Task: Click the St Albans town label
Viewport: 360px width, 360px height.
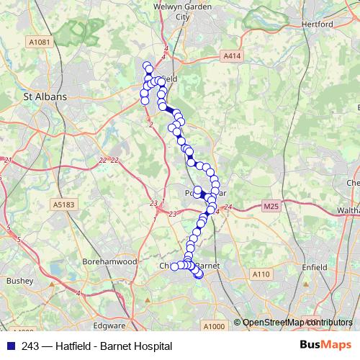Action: click(45, 96)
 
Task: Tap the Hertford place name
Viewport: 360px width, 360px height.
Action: click(317, 24)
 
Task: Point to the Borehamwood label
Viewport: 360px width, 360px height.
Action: click(109, 262)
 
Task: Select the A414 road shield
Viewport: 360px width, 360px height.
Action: click(231, 55)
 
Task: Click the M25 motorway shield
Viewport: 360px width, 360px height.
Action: click(270, 207)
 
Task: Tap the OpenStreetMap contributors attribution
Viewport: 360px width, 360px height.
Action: click(297, 323)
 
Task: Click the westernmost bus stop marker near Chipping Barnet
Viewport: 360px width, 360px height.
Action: click(174, 267)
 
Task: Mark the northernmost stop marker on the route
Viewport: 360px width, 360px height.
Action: click(147, 65)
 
